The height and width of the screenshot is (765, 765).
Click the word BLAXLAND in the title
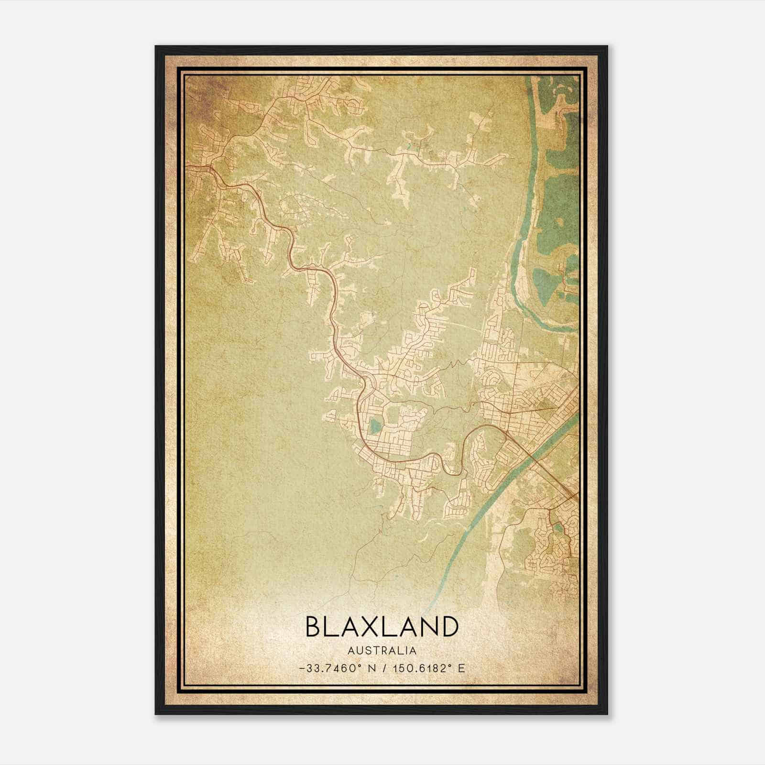[x=382, y=627]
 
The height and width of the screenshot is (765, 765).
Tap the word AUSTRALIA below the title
[x=382, y=651]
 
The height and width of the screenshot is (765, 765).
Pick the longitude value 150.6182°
[x=421, y=668]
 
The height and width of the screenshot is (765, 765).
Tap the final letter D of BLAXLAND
[x=450, y=627]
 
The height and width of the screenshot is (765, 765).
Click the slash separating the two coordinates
[x=385, y=668]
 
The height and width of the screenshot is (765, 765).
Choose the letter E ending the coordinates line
[x=461, y=668]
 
